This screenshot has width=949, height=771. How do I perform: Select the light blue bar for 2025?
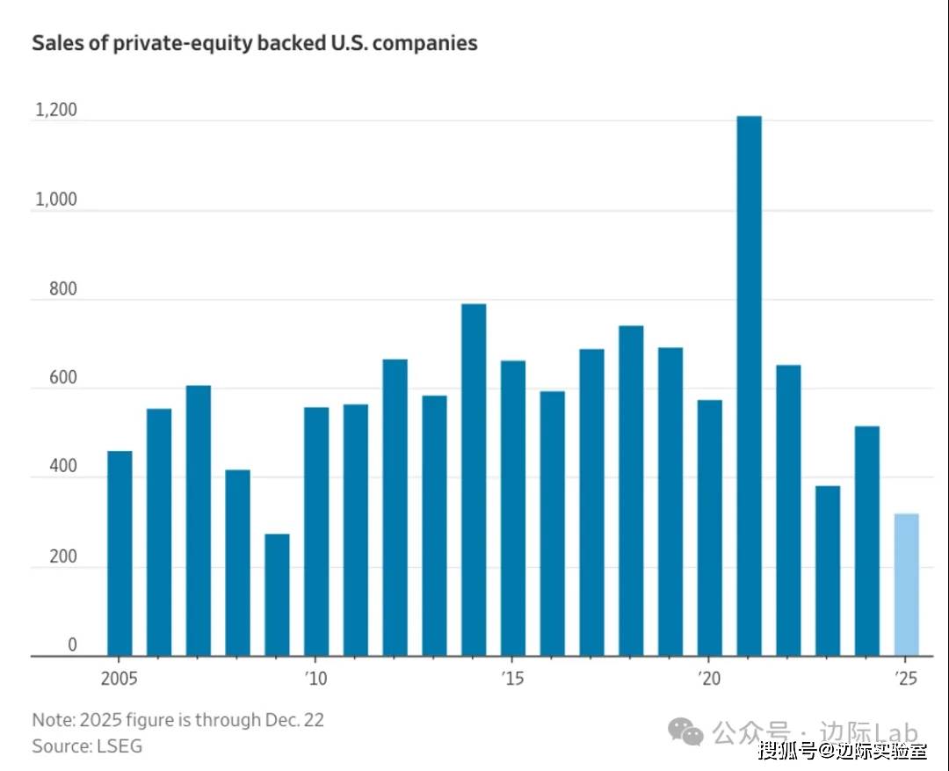(906, 585)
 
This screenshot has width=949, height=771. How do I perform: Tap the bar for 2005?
(120, 553)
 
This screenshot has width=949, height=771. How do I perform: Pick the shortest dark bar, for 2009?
(277, 594)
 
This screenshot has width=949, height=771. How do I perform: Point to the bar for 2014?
(474, 479)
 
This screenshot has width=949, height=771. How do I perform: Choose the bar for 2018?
(631, 491)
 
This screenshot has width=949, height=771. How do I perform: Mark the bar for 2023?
(828, 571)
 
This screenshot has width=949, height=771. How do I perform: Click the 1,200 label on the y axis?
(56, 110)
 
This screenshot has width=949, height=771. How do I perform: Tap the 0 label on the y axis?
(72, 645)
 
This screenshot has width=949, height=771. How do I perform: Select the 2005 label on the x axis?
(120, 678)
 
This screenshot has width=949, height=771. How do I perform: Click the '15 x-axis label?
(512, 678)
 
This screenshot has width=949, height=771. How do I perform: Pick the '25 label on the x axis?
(906, 678)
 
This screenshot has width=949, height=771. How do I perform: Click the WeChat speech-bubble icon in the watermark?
(685, 731)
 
